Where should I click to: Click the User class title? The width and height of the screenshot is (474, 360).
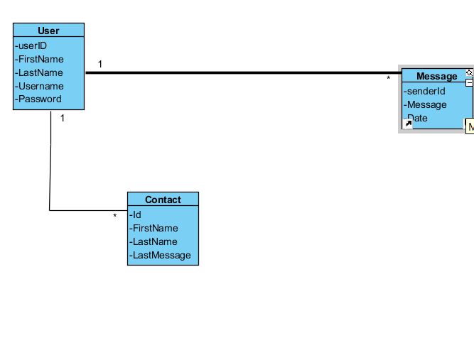click(48, 31)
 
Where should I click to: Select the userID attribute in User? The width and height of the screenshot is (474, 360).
click(32, 45)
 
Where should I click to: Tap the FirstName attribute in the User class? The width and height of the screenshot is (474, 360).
click(40, 59)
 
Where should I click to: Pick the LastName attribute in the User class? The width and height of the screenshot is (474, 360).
click(40, 72)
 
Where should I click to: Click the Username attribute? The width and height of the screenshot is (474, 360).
click(40, 86)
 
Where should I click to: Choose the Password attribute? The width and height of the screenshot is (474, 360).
click(39, 99)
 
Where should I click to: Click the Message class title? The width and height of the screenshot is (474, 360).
click(436, 77)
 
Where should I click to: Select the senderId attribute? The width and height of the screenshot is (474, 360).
click(425, 91)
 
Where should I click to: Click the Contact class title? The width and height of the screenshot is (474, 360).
click(163, 200)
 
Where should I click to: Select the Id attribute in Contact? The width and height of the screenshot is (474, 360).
click(136, 214)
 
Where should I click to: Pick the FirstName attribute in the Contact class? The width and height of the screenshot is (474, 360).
click(153, 228)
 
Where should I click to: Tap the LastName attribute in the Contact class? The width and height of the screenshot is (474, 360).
click(153, 241)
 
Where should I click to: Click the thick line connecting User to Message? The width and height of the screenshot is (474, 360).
click(242, 72)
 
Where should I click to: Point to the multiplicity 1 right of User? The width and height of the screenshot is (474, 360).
click(100, 64)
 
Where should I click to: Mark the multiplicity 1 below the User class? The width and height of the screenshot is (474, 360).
click(63, 119)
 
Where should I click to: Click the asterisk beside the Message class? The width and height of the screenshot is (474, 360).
click(388, 79)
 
